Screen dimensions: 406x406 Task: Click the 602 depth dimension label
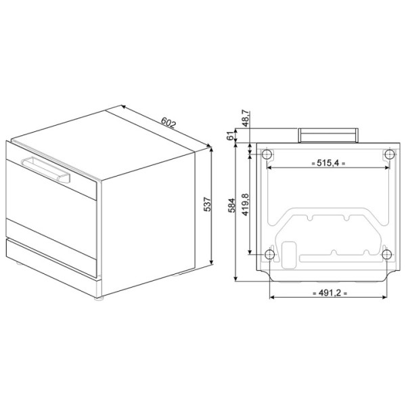pyautogui.click(x=168, y=122)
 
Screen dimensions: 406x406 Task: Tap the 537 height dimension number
pyautogui.click(x=207, y=204)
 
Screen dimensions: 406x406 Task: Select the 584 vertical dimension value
pyautogui.click(x=231, y=205)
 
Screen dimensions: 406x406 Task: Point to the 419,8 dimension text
pyautogui.click(x=245, y=204)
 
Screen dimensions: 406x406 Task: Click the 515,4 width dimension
pyautogui.click(x=328, y=163)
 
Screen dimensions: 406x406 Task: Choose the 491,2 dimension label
pyautogui.click(x=330, y=293)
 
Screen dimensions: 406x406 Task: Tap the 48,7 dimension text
pyautogui.click(x=246, y=118)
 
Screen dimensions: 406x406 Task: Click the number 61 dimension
pyautogui.click(x=230, y=136)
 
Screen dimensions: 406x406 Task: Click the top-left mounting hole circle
pyautogui.click(x=267, y=154)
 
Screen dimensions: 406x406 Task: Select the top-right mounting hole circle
pyautogui.click(x=390, y=154)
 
